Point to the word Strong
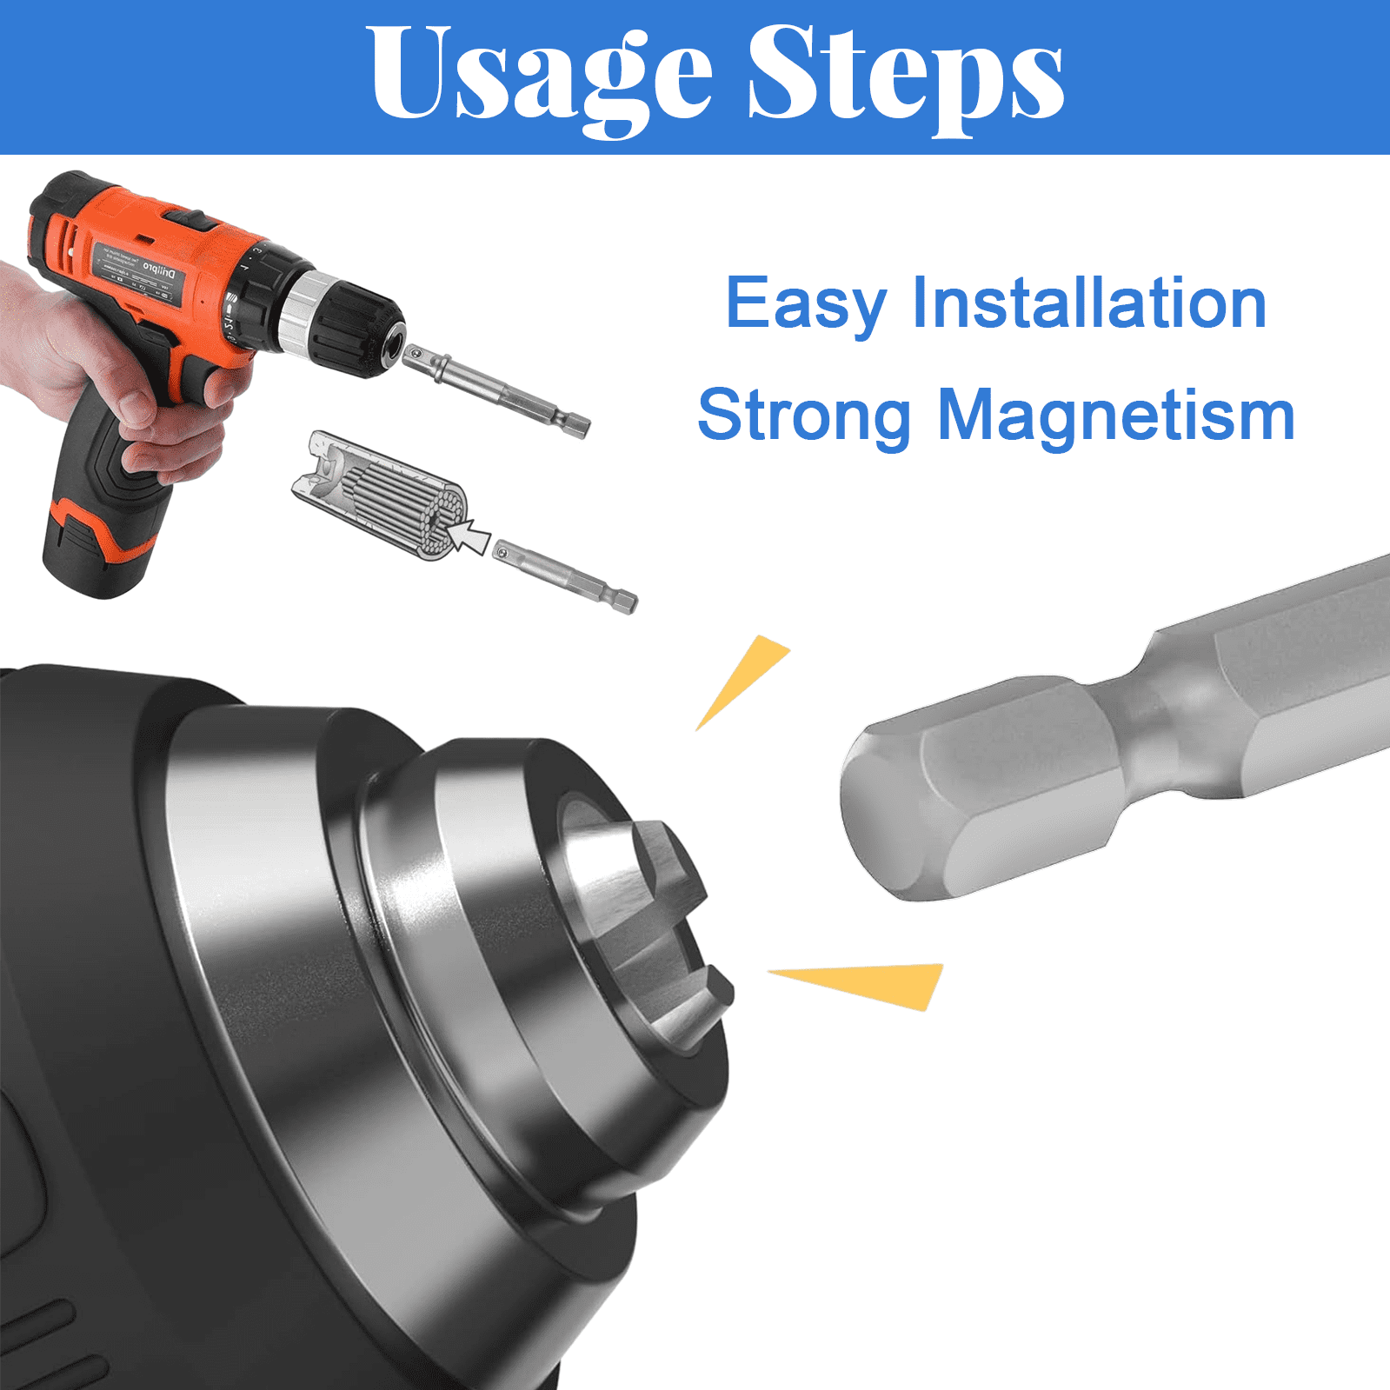[803, 416]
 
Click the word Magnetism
[1116, 415]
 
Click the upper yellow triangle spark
[741, 679]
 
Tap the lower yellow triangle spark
[869, 983]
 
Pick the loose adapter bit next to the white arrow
[565, 577]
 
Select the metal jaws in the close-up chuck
[652, 921]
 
